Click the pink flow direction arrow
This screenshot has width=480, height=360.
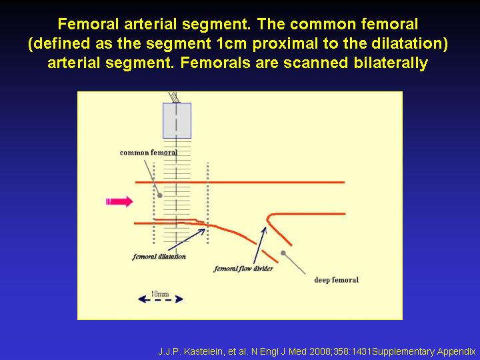pyautogui.click(x=119, y=202)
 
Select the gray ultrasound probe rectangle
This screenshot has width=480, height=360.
pyautogui.click(x=177, y=121)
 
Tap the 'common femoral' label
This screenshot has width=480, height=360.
pyautogui.click(x=149, y=153)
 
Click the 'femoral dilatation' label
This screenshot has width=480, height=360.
pyautogui.click(x=159, y=257)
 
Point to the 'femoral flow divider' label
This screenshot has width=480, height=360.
pyautogui.click(x=243, y=269)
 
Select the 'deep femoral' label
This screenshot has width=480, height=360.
pyautogui.click(x=336, y=280)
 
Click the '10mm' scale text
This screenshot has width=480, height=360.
pyautogui.click(x=160, y=294)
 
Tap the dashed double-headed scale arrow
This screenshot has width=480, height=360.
pyautogui.click(x=161, y=299)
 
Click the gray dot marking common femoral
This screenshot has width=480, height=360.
pyautogui.click(x=159, y=195)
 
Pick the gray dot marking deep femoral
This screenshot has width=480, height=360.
pyautogui.click(x=283, y=253)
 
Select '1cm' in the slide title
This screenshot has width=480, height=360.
pyautogui.click(x=231, y=43)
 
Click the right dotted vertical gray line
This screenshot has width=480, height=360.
pyautogui.click(x=208, y=203)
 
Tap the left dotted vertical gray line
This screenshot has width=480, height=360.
pyautogui.click(x=154, y=203)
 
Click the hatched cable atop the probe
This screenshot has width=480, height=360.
pyautogui.click(x=175, y=97)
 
